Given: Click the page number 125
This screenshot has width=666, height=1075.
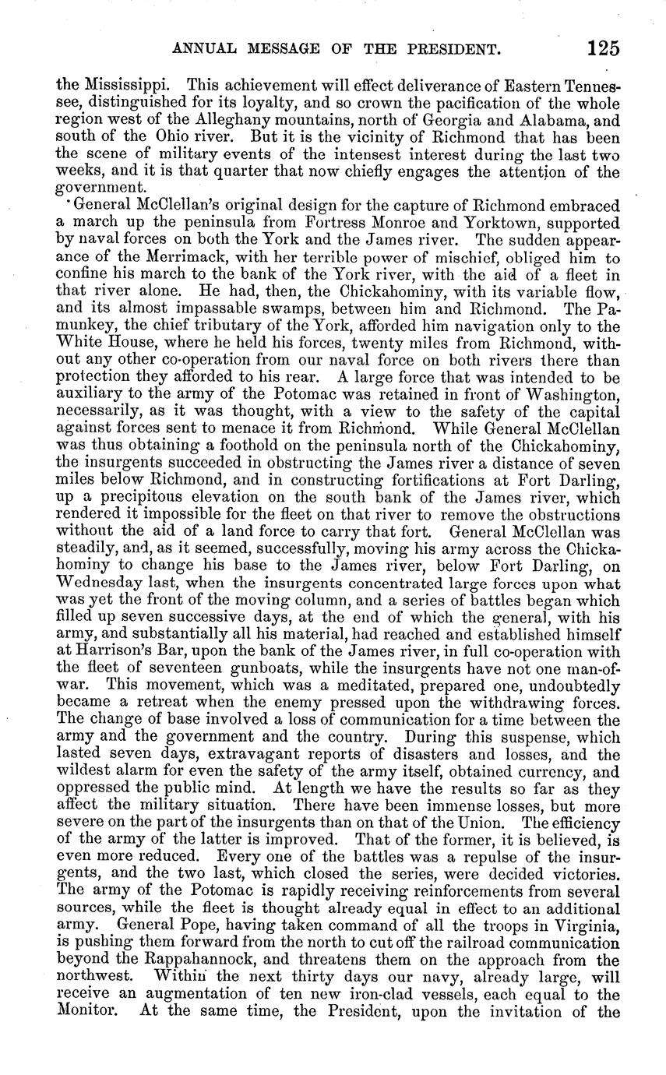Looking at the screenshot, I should pyautogui.click(x=604, y=49).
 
